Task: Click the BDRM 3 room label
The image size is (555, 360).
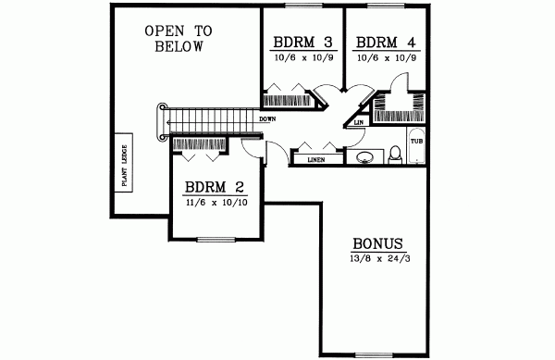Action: click(302, 42)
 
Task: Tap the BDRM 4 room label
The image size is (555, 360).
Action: click(385, 42)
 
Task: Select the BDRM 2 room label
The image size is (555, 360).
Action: click(216, 183)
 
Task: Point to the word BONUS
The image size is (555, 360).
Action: click(377, 243)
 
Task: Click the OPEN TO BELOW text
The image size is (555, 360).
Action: click(178, 39)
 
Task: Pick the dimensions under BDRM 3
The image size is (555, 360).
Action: click(302, 57)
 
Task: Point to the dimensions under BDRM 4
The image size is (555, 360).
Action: click(385, 57)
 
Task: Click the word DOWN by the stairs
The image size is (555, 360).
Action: click(268, 119)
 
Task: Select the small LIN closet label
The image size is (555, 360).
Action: click(359, 121)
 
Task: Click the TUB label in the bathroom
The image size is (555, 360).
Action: click(416, 142)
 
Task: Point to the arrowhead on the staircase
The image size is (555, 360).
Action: click(169, 119)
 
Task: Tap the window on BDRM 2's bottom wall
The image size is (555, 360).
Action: click(216, 240)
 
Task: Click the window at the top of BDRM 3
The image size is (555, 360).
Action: click(302, 6)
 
